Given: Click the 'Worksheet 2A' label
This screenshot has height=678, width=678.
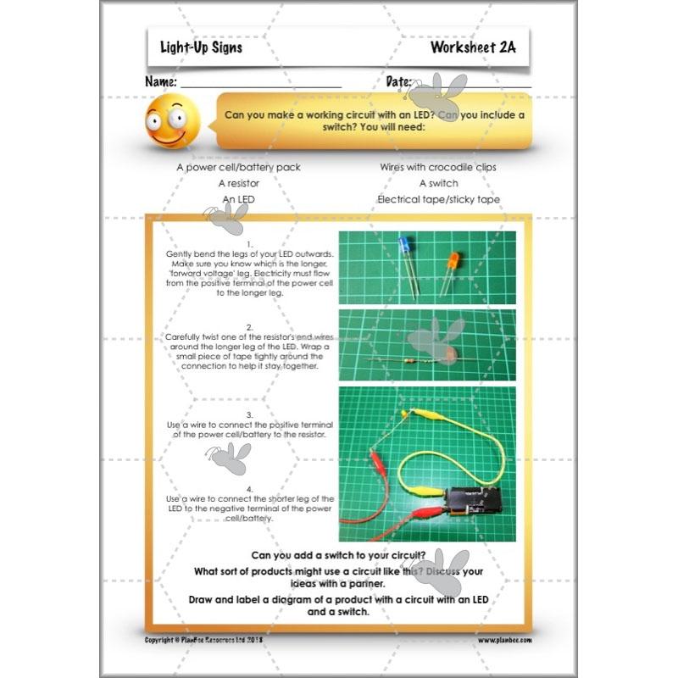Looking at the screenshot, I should pos(472,47).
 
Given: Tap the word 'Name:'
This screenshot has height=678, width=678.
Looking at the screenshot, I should pos(161,82).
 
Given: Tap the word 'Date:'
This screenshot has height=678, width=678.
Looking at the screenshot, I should pos(399,82).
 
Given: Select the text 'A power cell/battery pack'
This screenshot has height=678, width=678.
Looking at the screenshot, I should pos(238,167).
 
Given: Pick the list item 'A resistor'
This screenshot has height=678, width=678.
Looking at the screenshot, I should pos(238,183).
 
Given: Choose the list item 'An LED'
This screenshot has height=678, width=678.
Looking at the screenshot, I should pos(238,199).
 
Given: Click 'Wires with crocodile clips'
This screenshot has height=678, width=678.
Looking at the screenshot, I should pos(438,167).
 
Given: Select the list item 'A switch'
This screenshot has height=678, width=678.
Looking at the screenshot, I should pos(438,183).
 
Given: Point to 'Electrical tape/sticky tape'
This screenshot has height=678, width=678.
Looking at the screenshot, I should pos(438,199).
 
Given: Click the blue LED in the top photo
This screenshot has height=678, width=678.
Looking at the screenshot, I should pos(404,248).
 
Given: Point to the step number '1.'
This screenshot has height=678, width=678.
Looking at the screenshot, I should pos(250,245).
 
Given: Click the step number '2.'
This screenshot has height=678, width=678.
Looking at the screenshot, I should pos(250,326).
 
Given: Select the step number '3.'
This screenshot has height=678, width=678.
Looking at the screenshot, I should pos(250,414).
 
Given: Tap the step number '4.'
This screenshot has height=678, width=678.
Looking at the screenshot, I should pos(250,489).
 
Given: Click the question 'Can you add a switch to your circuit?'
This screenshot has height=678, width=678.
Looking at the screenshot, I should pos(339,556).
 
